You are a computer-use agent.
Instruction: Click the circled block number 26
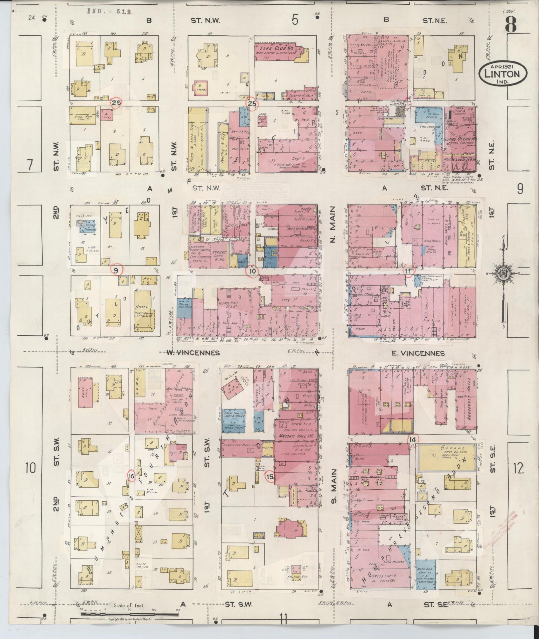click(x=116, y=103)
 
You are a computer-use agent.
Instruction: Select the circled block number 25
click(x=252, y=104)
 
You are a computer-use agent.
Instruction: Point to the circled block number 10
click(x=252, y=271)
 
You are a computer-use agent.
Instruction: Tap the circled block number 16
click(x=131, y=477)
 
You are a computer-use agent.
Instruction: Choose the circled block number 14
click(x=413, y=440)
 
